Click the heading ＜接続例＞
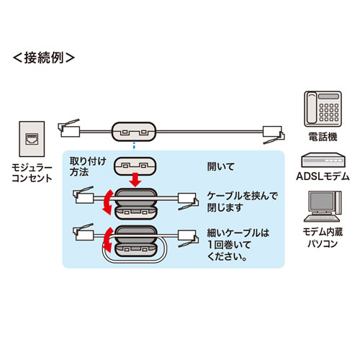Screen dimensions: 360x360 [44, 57]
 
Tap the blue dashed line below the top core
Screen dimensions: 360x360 [133, 147]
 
